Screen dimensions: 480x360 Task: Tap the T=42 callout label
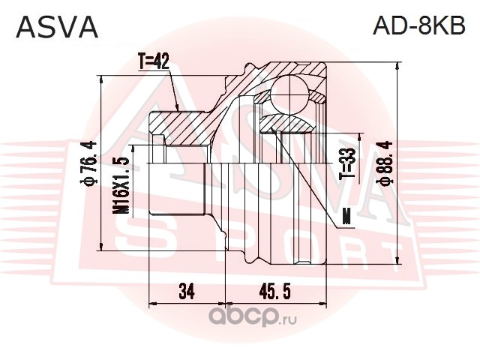(153, 61)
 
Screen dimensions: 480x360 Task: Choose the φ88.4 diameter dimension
(385, 163)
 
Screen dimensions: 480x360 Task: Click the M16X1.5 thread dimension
(120, 185)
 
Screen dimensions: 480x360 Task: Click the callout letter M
(346, 218)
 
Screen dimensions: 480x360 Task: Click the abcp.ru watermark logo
(252, 317)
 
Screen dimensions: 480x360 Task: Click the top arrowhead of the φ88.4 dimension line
(397, 67)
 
